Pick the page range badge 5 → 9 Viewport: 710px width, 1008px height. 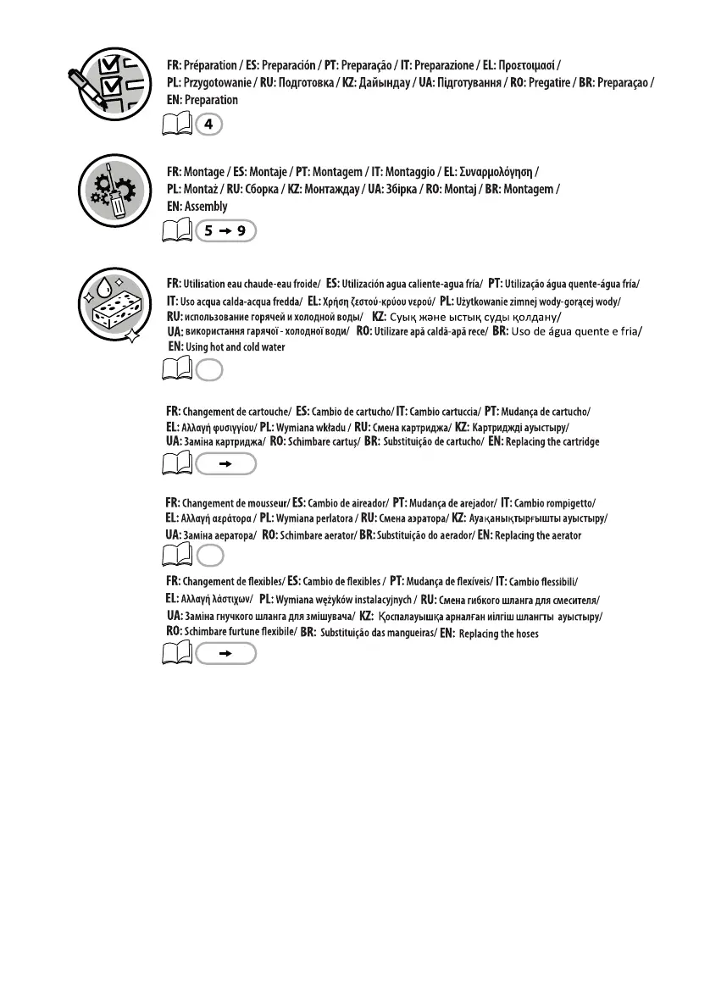point(225,230)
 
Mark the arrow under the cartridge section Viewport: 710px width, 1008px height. point(225,464)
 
